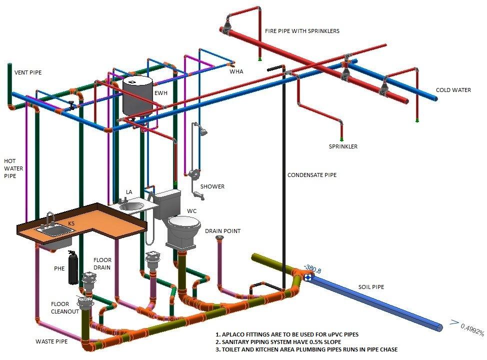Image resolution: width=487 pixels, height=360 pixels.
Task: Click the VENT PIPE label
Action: (x=28, y=72)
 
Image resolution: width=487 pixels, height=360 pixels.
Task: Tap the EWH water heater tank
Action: (x=137, y=97)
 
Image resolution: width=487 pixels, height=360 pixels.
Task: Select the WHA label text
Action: (x=236, y=71)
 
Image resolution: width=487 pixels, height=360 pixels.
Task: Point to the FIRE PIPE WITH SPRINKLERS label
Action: (x=302, y=31)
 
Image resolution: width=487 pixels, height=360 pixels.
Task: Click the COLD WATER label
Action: (x=453, y=90)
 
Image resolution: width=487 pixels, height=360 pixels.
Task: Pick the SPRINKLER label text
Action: (x=343, y=147)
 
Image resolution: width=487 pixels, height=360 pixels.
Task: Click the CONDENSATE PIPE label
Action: (x=311, y=175)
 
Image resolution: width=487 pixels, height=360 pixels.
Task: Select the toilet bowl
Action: (x=183, y=225)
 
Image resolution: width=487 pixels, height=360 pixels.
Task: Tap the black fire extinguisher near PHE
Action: (x=73, y=270)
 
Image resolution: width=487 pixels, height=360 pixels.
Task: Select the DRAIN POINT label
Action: (x=222, y=231)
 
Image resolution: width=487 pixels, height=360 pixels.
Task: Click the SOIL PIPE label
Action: (x=371, y=287)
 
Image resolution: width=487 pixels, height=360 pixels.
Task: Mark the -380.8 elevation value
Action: (x=312, y=270)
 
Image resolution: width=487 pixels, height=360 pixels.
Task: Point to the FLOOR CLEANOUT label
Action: (x=63, y=307)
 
